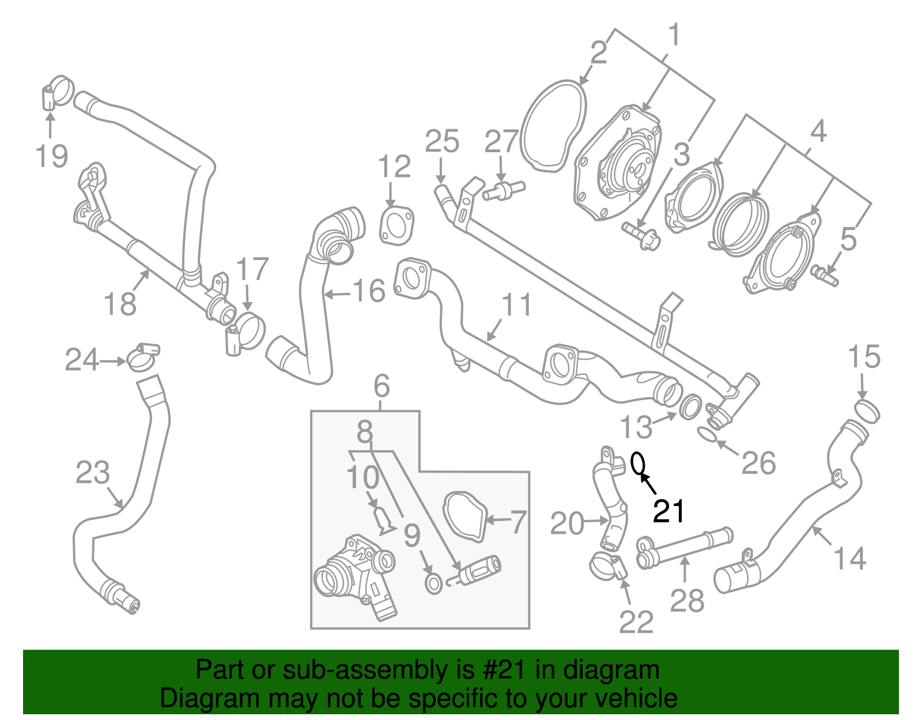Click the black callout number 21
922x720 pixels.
point(668,511)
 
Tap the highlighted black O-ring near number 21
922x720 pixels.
point(638,462)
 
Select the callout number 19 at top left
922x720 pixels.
point(51,156)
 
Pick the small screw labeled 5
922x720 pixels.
point(825,276)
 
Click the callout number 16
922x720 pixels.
point(368,291)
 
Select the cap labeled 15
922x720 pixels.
point(867,410)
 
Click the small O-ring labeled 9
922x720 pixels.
point(433,583)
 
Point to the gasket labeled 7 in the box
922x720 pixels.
point(464,517)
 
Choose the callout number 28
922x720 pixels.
point(687,601)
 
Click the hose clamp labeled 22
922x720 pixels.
point(608,566)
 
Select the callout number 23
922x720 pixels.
point(92,473)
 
